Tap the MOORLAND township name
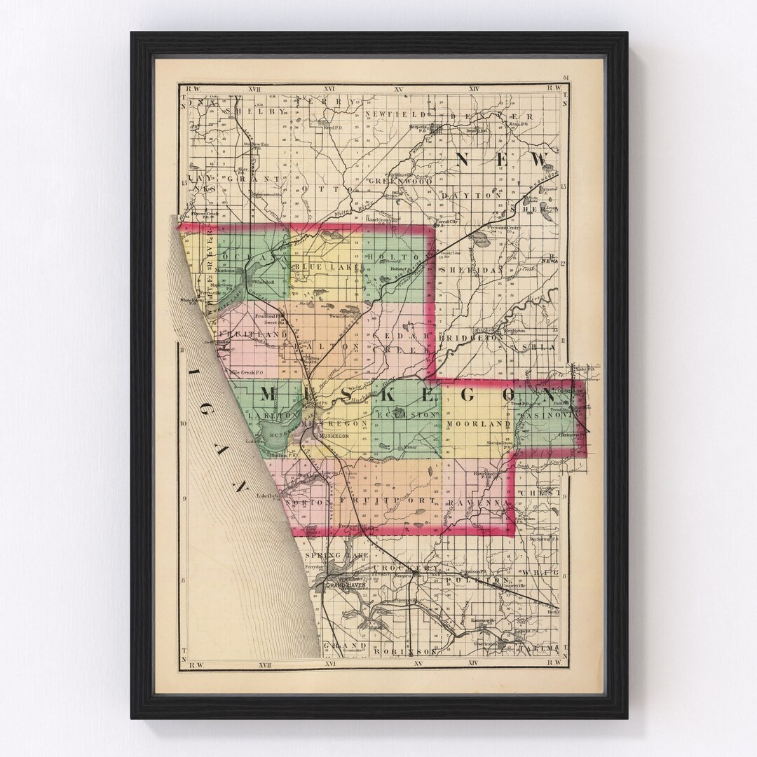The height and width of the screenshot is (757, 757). tap(477, 425)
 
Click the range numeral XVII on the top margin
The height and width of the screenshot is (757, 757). tap(254, 89)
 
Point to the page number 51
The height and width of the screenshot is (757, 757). tap(565, 78)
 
